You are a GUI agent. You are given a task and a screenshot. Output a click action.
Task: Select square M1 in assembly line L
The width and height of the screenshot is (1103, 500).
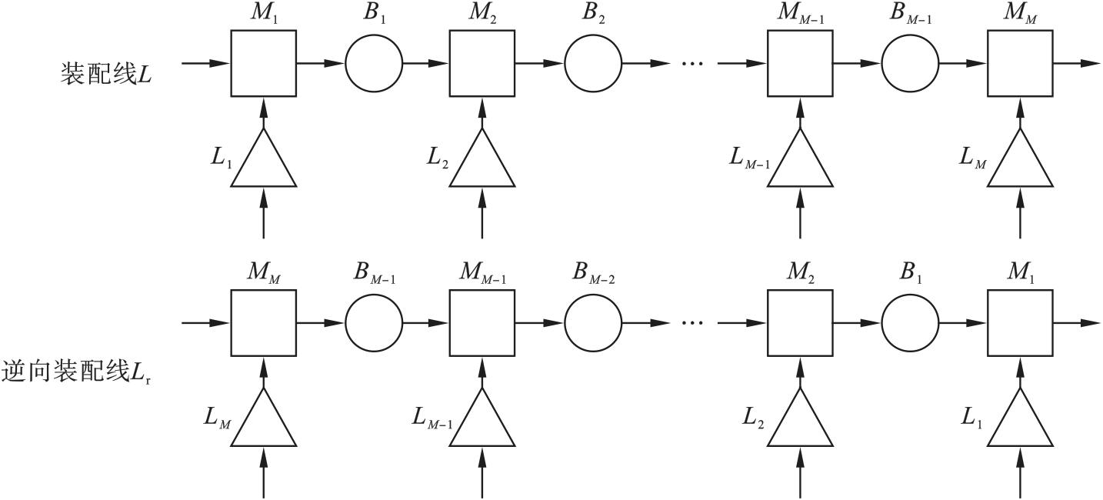264,63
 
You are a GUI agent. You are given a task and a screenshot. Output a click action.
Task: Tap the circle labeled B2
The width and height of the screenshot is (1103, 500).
593,63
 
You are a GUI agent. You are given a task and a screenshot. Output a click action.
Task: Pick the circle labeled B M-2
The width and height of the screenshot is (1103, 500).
593,324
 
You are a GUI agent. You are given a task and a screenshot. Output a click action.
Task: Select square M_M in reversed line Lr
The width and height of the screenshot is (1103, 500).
264,324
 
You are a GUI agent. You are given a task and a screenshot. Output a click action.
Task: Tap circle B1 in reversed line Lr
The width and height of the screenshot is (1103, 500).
911,324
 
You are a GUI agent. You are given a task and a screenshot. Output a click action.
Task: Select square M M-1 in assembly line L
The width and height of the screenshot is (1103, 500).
801,63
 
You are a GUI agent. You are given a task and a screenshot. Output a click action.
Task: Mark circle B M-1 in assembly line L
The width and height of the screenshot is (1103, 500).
911,63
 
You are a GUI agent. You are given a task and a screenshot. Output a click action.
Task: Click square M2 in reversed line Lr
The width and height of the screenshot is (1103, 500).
801,324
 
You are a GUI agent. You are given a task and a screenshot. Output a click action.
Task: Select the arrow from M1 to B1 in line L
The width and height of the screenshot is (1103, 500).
320,63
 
